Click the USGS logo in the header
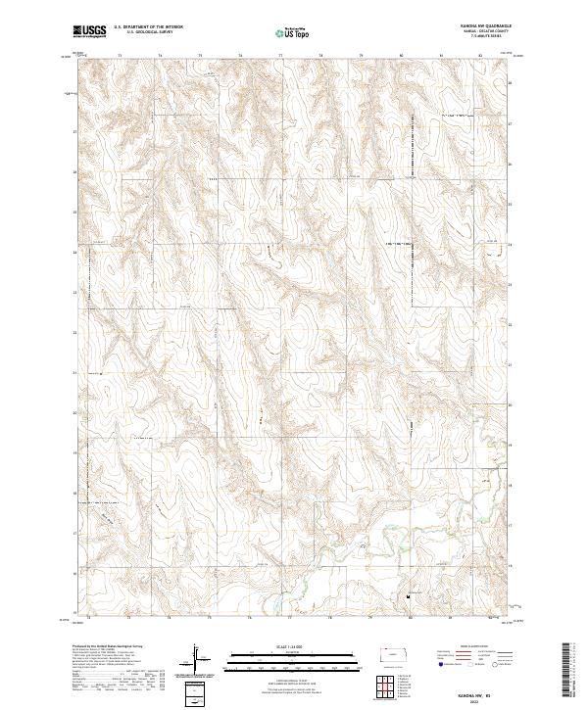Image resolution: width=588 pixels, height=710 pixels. click(88, 31)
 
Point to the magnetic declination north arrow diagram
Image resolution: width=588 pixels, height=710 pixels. click(196, 658)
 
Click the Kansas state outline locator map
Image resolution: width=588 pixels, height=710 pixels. click(396, 651)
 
